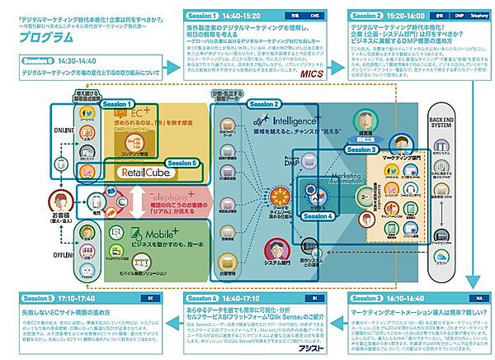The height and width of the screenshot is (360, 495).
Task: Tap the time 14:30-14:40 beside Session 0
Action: pos(76,61)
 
